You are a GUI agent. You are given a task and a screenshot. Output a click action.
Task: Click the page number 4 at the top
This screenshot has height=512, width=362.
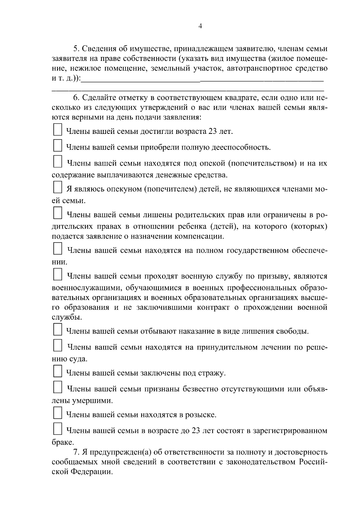(x=200, y=26)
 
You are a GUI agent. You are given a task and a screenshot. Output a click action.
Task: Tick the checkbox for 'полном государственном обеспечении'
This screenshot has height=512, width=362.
(x=57, y=248)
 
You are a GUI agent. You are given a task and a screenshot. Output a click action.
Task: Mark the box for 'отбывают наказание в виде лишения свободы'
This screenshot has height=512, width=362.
(x=57, y=329)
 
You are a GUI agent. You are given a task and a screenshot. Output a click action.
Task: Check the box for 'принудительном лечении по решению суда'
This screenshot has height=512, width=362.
(x=57, y=345)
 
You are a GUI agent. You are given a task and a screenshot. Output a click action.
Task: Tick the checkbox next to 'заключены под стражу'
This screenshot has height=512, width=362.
(x=57, y=371)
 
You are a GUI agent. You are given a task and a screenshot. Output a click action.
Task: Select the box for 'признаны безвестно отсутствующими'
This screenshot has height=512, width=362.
(x=57, y=387)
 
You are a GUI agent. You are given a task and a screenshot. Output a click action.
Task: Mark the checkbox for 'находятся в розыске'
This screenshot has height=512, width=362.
(x=57, y=412)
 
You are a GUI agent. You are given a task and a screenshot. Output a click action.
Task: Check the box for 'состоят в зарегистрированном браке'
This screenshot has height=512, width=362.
(x=57, y=428)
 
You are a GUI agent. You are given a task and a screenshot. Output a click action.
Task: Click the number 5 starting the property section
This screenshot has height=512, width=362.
(x=76, y=49)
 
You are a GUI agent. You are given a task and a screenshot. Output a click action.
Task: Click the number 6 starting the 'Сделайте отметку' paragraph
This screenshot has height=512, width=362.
(x=76, y=98)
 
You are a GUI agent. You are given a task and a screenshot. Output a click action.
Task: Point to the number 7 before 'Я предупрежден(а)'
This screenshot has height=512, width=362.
(x=76, y=452)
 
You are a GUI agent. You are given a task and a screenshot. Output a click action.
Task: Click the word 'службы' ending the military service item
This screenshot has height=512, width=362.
(x=62, y=317)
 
